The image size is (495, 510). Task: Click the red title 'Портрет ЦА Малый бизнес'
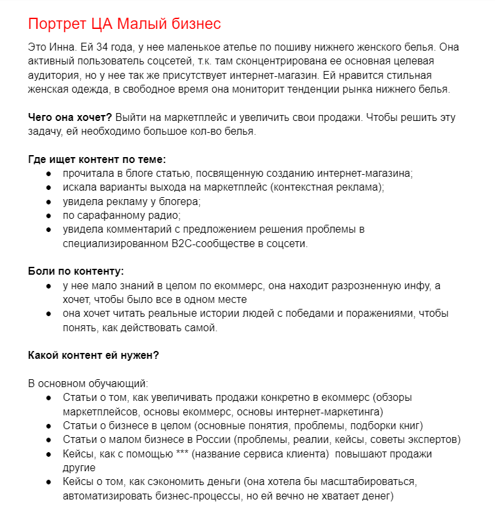coord(124,24)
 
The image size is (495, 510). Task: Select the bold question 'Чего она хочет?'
coord(70,118)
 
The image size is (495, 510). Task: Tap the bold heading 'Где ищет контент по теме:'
coord(97,159)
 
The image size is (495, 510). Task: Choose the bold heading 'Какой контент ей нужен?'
coord(93,355)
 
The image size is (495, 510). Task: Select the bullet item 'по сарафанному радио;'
coord(122,215)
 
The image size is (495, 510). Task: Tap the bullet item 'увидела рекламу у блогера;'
coord(132,201)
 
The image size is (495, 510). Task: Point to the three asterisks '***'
coord(183,453)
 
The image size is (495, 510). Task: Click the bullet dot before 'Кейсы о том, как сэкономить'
coord(49,481)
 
